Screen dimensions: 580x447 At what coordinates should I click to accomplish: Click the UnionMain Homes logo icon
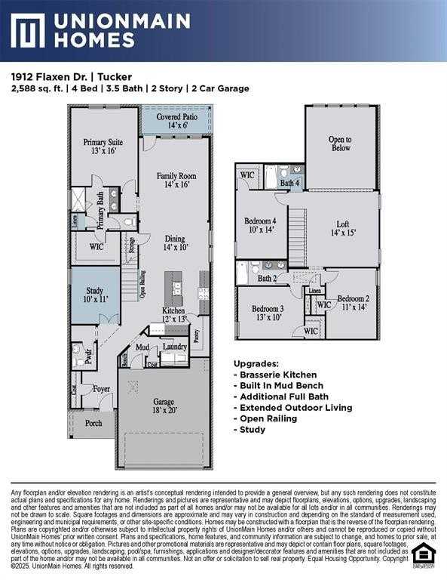coord(28,30)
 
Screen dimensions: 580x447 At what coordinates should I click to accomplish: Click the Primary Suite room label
coord(103,146)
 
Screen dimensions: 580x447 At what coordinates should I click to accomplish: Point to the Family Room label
coord(176,180)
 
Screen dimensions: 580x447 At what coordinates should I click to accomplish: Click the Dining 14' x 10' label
coord(175,242)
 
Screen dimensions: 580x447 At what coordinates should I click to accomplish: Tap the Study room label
coord(94,293)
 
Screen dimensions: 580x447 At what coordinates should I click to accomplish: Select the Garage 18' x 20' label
coord(164,406)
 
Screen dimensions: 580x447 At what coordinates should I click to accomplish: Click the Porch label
coord(93,423)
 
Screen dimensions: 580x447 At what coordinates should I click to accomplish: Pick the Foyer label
coord(101,390)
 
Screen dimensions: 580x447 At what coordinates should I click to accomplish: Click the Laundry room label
coord(175,347)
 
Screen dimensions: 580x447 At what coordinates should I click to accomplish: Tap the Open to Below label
coord(340,143)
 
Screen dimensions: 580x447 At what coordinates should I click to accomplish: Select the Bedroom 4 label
coord(260,225)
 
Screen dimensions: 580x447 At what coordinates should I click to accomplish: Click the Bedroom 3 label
coord(268,313)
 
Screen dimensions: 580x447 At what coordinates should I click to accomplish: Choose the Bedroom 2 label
coord(354,302)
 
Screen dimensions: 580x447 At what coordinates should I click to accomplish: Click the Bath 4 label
coord(290,184)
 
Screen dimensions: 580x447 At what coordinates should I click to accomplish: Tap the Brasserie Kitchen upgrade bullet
coord(277,375)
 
